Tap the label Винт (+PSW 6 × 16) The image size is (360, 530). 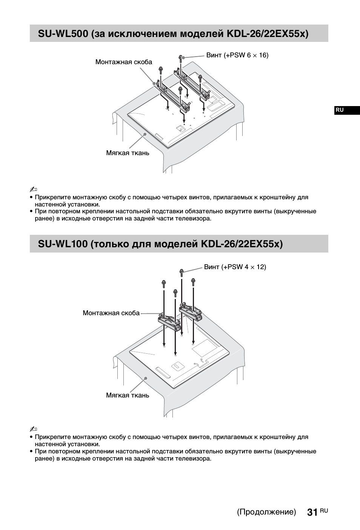[237, 55]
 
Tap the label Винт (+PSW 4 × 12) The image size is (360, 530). [235, 267]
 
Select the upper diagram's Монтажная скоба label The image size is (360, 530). [123, 62]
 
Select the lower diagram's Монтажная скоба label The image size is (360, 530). [111, 313]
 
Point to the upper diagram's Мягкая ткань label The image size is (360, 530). [128, 153]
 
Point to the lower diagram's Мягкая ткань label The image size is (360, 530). [128, 395]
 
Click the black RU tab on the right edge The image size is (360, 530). [340, 110]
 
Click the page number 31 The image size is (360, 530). [312, 512]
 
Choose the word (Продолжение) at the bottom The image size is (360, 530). [266, 512]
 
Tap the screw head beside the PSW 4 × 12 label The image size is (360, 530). [182, 271]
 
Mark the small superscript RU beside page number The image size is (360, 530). [324, 510]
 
